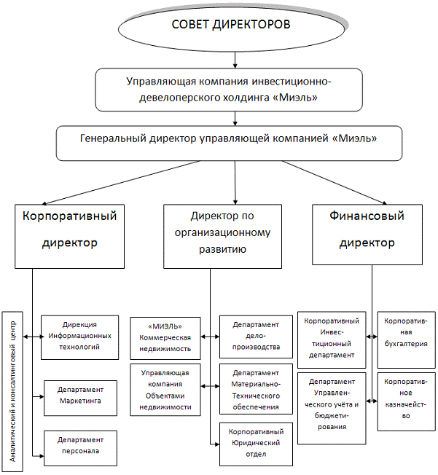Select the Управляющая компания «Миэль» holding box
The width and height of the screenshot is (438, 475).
[x=230, y=88]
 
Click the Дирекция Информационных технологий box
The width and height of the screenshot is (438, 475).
[x=79, y=337]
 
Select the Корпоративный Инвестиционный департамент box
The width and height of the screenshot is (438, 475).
[x=331, y=337]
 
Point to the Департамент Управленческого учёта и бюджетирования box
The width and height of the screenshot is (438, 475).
[x=331, y=405]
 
